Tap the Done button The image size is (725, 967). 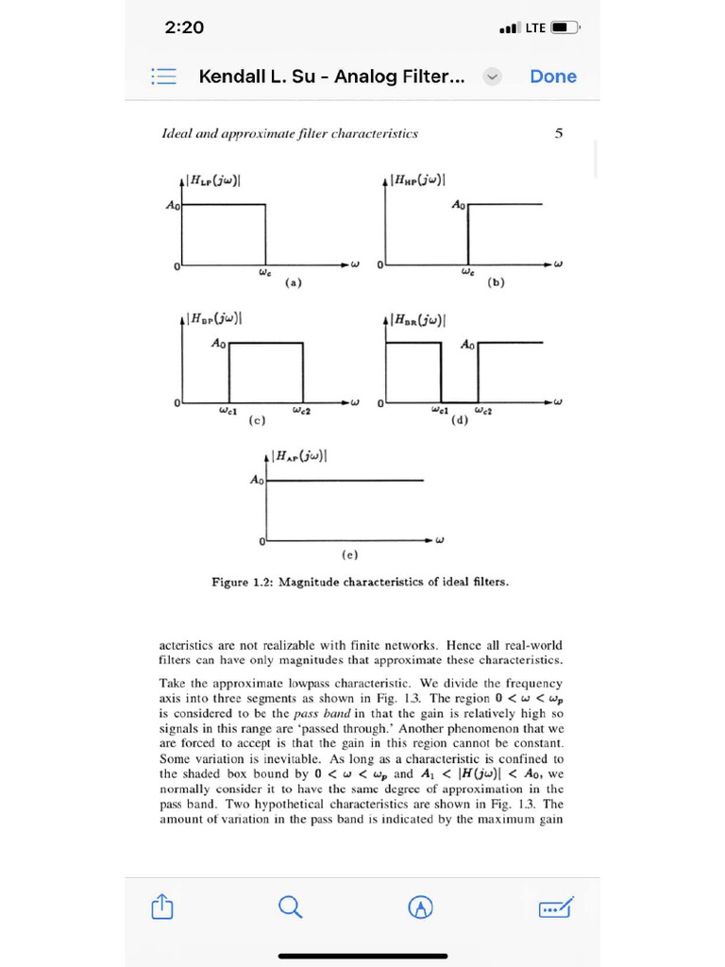click(552, 76)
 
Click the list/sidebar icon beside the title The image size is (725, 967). click(163, 76)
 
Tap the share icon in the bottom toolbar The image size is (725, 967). click(162, 908)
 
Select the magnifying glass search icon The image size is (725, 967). click(292, 908)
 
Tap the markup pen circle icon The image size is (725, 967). click(421, 908)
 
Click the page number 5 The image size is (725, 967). click(559, 134)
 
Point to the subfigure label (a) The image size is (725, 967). click(294, 282)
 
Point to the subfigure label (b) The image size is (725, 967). click(496, 282)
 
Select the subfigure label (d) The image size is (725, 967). click(460, 421)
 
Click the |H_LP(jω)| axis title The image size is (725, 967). click(213, 180)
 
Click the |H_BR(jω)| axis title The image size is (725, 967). click(418, 319)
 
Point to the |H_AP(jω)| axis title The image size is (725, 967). click(300, 457)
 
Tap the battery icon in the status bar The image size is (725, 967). click(565, 27)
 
